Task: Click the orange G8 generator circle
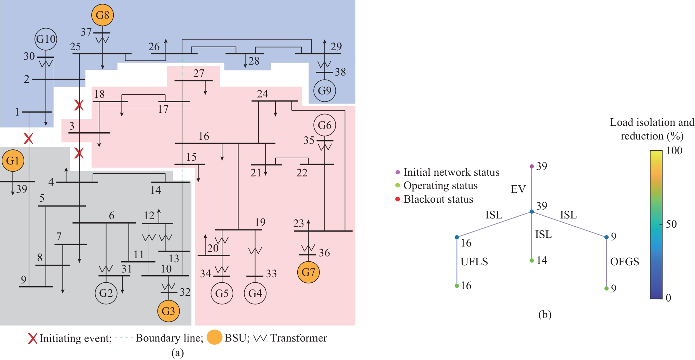coord(103,15)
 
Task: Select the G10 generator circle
coord(46,39)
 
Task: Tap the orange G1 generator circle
coord(13,161)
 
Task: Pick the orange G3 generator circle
coord(168,311)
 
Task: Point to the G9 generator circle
coord(325,91)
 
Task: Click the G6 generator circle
coord(325,125)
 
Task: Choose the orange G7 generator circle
coord(309,272)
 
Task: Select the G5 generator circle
coord(222,293)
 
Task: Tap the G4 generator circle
coord(255,293)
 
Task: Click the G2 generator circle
coord(106,293)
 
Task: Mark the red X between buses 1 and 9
coord(28,139)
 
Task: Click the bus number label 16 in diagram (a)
coord(204,136)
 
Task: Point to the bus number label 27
coord(199,73)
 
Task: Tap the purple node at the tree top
coord(532,166)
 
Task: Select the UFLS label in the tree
coord(474,262)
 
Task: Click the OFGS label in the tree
coord(625,262)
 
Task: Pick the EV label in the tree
coord(518,189)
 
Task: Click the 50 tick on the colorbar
coord(671,224)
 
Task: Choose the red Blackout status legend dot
coord(398,199)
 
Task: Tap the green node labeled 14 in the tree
coord(532,261)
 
